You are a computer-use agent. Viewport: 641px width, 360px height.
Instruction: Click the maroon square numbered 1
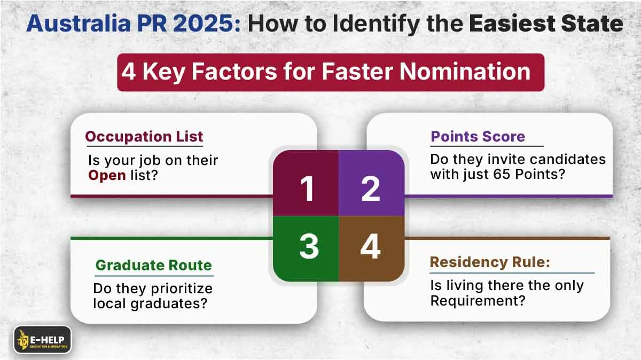click(306, 184)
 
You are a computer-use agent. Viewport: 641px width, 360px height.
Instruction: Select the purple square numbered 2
click(371, 184)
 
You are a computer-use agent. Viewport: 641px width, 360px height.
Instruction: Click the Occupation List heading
click(144, 137)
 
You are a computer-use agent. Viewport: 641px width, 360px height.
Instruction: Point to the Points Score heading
click(478, 137)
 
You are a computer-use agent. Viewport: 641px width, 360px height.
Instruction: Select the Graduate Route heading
click(153, 265)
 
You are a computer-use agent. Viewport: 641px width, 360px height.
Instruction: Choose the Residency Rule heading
click(490, 262)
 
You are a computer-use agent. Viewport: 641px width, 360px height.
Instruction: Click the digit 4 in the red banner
click(128, 72)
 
